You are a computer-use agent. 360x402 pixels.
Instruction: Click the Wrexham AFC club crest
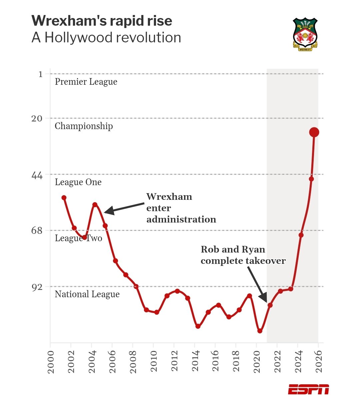305,34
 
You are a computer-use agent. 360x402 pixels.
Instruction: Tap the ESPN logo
308,389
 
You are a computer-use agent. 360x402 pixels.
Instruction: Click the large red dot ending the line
314,132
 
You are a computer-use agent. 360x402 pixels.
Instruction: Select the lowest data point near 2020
260,331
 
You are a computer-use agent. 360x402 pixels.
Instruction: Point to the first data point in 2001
64,197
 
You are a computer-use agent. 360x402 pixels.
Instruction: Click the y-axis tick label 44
37,175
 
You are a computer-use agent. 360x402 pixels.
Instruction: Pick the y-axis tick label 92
37,287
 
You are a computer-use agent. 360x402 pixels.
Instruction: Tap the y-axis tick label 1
40,74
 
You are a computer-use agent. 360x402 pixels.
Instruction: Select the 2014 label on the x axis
195,361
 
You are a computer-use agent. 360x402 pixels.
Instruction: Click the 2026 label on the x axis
319,361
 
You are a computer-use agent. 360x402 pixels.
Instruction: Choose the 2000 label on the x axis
51,361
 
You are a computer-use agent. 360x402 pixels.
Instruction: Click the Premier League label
86,82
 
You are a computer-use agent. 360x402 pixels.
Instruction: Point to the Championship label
84,126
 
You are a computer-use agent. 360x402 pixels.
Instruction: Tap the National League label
87,294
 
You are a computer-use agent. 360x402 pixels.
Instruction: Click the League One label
78,182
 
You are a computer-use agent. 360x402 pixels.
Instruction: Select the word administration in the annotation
181,220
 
